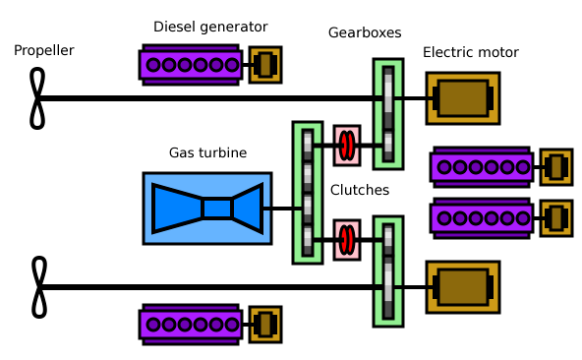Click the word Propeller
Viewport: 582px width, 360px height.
[43, 50]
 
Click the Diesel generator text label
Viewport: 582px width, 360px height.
[209, 27]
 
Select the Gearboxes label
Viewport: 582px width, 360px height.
[365, 32]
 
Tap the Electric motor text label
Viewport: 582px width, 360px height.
[470, 52]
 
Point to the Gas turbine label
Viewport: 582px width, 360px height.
[207, 152]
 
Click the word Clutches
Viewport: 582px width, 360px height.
[359, 190]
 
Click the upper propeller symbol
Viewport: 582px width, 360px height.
[37, 98]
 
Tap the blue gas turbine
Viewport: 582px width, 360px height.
[206, 209]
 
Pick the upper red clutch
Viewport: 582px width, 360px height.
[347, 147]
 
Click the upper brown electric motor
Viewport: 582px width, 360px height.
[462, 98]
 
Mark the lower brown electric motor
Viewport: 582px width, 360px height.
[462, 287]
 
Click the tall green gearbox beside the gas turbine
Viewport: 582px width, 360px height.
[308, 193]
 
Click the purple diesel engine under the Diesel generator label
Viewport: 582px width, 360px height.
[191, 65]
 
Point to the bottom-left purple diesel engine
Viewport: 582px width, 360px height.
[191, 324]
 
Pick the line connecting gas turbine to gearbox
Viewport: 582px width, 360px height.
[282, 209]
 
